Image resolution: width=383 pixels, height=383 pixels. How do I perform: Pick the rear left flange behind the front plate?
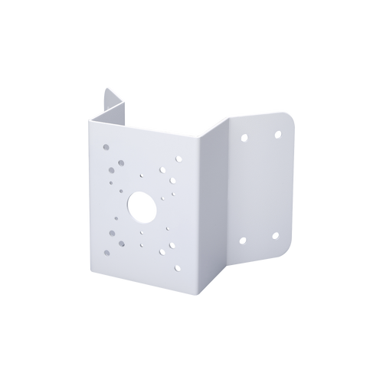pyautogui.click(x=111, y=107)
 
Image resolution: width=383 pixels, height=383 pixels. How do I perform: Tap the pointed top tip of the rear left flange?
pyautogui.click(x=104, y=85)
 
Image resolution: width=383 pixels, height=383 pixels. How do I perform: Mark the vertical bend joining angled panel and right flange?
pyautogui.click(x=228, y=191)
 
